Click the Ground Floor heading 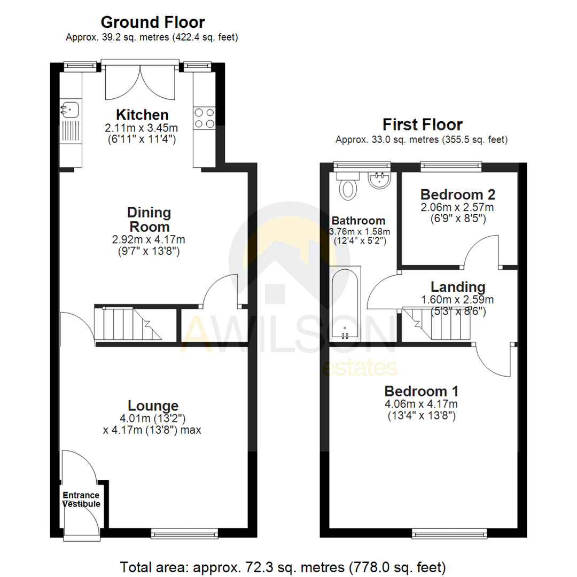153,22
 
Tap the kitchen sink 69,110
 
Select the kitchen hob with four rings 205,118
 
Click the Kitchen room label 143,115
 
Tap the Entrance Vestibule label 81,499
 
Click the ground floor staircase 128,324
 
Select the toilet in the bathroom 348,186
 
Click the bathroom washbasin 380,180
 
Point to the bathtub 344,303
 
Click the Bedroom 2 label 458,194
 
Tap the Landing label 458,287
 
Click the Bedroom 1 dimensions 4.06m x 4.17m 422,404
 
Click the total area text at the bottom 283,566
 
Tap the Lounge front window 184,533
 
